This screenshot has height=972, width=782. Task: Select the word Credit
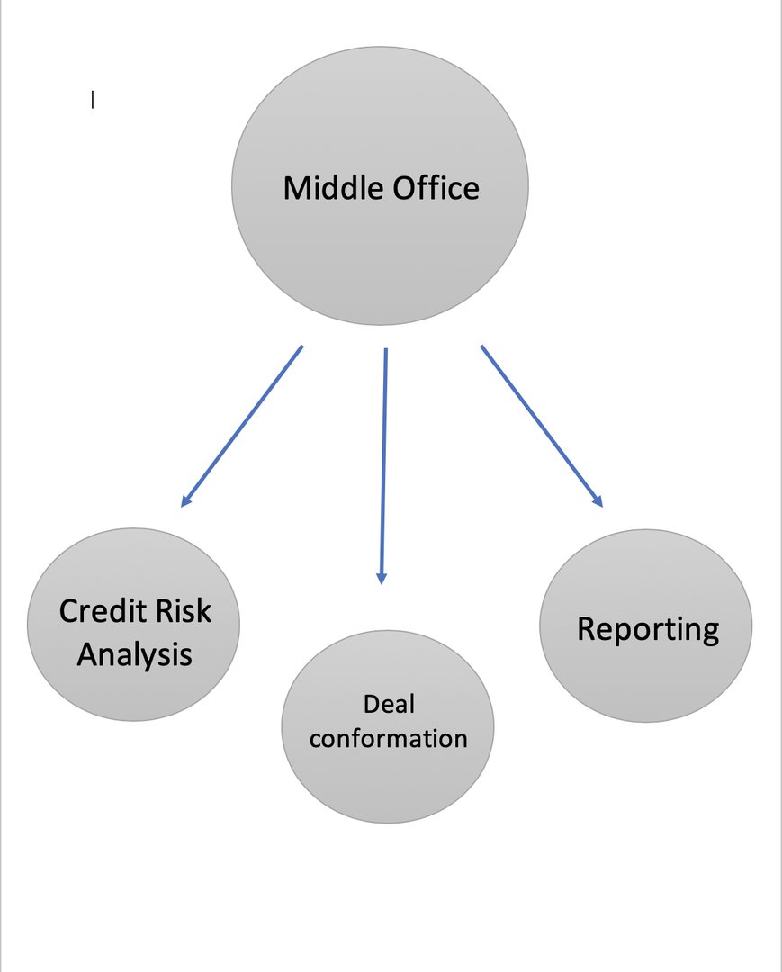click(103, 610)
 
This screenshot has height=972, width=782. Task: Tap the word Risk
click(184, 610)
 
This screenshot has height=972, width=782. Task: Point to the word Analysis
click(134, 655)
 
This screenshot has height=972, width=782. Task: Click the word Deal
click(389, 704)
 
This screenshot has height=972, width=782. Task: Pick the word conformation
click(389, 738)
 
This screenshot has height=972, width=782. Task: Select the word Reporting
click(648, 630)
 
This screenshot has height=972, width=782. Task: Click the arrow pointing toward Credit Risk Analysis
click(242, 427)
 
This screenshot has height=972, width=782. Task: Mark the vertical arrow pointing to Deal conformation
click(383, 466)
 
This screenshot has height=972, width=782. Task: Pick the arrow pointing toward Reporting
click(542, 427)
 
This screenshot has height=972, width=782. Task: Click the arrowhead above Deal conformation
click(382, 578)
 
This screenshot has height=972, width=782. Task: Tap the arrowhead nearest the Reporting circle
click(597, 501)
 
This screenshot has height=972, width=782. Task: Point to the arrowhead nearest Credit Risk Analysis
click(186, 501)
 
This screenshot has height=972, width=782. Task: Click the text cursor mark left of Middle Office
click(93, 99)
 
